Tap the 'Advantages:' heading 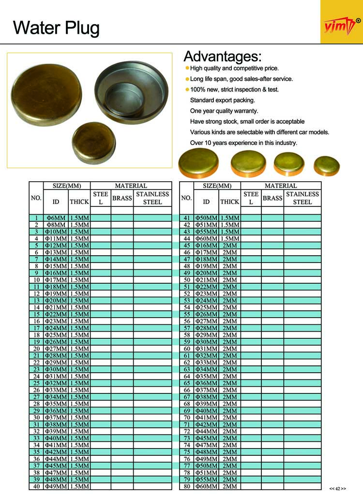tap(222, 57)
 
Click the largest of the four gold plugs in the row tap(198, 162)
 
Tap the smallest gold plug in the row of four tap(327, 166)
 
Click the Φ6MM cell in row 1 tap(56, 218)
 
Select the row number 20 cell tap(36, 349)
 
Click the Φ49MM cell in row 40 tap(56, 486)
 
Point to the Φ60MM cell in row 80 tap(206, 486)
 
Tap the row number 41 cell tap(186, 218)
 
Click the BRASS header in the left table tap(122, 198)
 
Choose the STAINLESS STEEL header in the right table tap(302, 198)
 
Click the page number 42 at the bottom tap(338, 488)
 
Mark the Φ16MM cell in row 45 tap(206, 246)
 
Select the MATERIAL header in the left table tap(131, 186)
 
